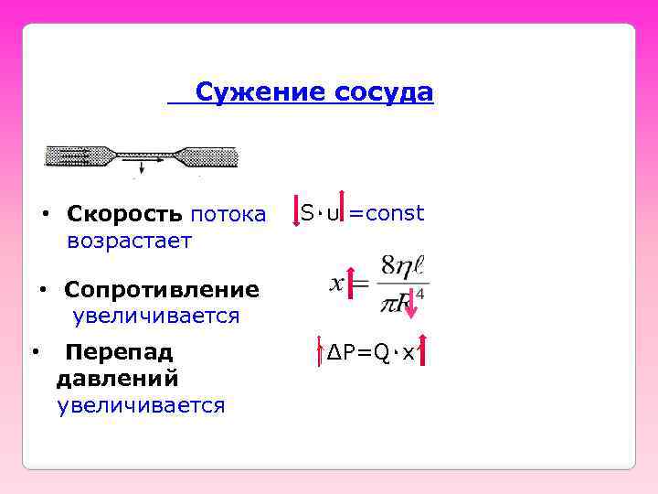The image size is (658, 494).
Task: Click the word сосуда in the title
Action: click(x=383, y=92)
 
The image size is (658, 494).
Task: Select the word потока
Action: click(x=228, y=215)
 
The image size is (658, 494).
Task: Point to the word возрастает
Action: click(x=129, y=241)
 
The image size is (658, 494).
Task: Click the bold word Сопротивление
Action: click(x=162, y=290)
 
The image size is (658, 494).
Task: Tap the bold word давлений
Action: click(x=117, y=378)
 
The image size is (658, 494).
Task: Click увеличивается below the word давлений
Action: click(x=141, y=404)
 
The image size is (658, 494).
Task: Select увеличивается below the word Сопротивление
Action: click(x=156, y=317)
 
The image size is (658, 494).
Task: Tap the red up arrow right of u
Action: click(x=343, y=206)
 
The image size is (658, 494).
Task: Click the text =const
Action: click(x=387, y=214)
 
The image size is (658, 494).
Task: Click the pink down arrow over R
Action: click(x=412, y=303)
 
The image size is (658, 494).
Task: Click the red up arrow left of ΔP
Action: click(x=319, y=351)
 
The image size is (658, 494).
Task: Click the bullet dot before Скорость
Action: click(x=45, y=215)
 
